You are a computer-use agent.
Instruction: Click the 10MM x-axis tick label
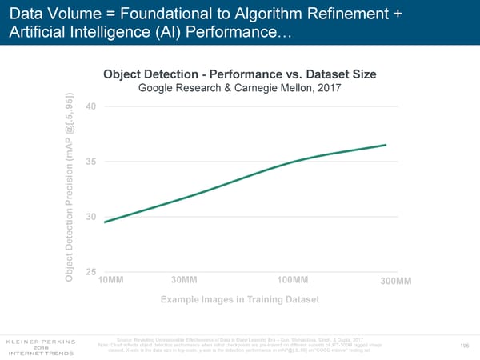pos(110,279)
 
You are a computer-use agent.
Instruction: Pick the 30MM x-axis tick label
pos(184,279)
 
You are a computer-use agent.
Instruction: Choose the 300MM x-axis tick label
pos(394,281)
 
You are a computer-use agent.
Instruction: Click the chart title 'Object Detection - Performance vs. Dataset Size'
pos(240,74)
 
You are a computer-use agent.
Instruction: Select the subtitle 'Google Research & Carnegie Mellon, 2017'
pos(240,88)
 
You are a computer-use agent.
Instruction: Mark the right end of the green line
pos(386,145)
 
